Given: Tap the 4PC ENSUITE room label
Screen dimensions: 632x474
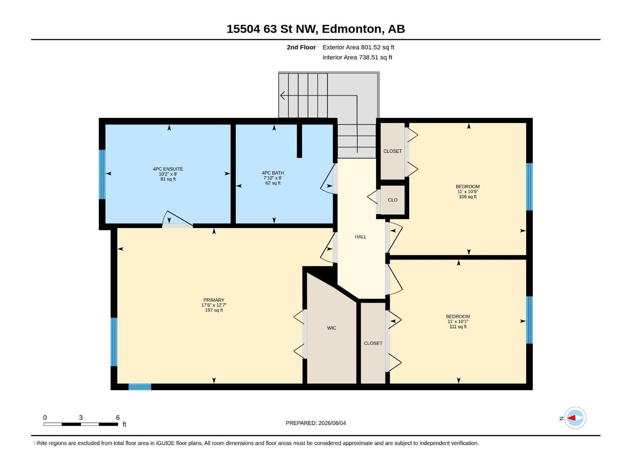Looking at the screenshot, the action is pos(168,169).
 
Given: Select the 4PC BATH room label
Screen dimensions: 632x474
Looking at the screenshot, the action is pos(273,173).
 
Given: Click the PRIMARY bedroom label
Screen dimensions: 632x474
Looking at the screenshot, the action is pos(214,300).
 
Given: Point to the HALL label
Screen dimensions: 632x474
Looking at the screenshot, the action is pos(361,237).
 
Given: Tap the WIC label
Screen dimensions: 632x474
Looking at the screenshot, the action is pos(331,328).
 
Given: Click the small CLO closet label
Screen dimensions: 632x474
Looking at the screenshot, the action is pos(393,200).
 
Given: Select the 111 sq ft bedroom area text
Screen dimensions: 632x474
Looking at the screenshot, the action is pos(458,327).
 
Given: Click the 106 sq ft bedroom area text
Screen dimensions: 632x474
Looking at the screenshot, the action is pos(468,197).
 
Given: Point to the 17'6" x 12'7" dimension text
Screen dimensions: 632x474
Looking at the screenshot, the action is pos(214,305).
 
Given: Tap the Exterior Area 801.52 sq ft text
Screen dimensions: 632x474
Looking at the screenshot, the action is pos(358,47).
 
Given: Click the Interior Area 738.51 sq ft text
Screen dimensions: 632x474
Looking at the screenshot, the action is pos(357,57).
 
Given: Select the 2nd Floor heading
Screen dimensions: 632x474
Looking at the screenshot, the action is pos(301,47).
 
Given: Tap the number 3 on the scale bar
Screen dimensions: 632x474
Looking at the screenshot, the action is pos(81,418).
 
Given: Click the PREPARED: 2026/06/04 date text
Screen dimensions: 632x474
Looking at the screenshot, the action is pos(316,423).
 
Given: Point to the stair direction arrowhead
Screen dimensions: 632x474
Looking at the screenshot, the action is pos(282,96).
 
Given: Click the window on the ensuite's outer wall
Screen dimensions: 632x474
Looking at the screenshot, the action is pos(102,175).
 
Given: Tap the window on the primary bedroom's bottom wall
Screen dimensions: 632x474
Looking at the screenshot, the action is pos(140,387).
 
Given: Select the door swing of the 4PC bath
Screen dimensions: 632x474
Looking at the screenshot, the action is pos(327,179).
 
